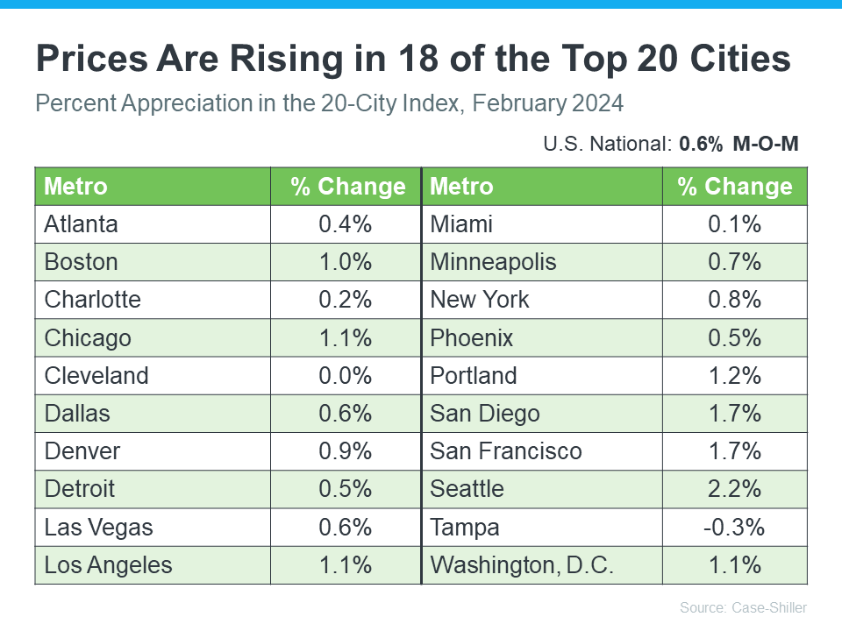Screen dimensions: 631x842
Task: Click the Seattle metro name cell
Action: click(x=467, y=489)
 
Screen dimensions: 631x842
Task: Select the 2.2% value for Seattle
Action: click(x=735, y=489)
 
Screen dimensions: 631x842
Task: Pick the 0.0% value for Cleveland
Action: click(x=346, y=375)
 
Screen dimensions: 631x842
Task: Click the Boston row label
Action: click(x=81, y=262)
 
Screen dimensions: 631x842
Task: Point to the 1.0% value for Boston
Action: click(x=346, y=262)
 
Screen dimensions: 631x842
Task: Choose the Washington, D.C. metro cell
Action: click(x=522, y=565)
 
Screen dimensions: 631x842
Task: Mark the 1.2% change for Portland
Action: click(x=735, y=375)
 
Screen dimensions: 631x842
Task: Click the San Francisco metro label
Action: click(x=506, y=451)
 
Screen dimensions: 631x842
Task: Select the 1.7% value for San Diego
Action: click(x=735, y=414)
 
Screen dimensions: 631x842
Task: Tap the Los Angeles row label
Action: click(x=109, y=565)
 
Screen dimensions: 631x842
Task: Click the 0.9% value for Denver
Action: click(x=346, y=451)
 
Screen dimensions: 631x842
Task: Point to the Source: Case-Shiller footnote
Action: click(x=743, y=607)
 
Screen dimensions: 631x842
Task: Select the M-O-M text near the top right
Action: click(x=766, y=144)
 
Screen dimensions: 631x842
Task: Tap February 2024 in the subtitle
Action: click(x=547, y=103)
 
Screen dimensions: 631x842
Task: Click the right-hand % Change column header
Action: click(x=735, y=187)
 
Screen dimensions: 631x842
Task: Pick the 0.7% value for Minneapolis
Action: click(x=735, y=262)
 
